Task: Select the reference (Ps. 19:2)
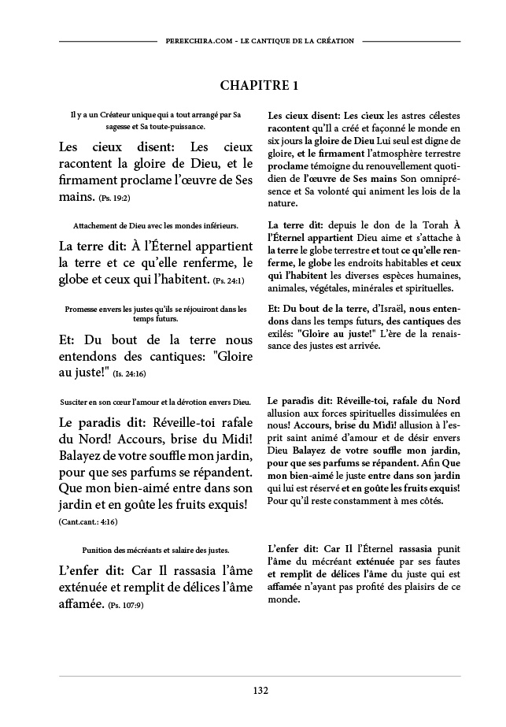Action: [114, 199]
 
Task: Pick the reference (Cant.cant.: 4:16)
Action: [88, 521]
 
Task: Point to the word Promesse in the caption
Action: [83, 309]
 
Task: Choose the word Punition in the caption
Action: [98, 549]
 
